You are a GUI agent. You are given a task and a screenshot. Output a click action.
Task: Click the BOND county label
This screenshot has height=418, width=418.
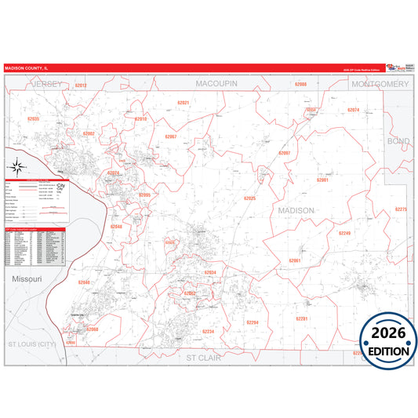pyautogui.click(x=398, y=141)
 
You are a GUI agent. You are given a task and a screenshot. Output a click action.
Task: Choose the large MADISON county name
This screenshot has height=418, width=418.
pyautogui.click(x=296, y=211)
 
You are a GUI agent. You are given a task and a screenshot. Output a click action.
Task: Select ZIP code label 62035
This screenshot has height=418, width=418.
pyautogui.click(x=32, y=118)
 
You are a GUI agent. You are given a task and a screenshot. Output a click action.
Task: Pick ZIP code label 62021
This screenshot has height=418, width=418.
pyautogui.click(x=183, y=103)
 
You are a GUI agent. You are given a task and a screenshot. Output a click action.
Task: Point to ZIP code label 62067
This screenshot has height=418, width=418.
pyautogui.click(x=170, y=137)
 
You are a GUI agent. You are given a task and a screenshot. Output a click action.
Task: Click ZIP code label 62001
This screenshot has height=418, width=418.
pyautogui.click(x=322, y=180)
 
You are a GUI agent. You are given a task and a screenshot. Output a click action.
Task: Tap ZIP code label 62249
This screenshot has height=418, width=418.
pyautogui.click(x=344, y=233)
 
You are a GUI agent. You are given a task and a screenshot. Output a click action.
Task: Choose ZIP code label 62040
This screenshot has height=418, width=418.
pyautogui.click(x=84, y=282)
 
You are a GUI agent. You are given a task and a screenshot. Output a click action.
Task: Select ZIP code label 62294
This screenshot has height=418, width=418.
pyautogui.click(x=252, y=322)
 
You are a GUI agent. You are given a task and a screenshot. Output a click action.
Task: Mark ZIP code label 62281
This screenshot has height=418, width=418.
pyautogui.click(x=301, y=318)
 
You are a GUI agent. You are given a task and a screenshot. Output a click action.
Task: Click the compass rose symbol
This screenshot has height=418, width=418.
pyautogui.click(x=16, y=167)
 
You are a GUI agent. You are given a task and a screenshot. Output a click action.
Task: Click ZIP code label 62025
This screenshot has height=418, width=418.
pyautogui.click(x=250, y=199)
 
